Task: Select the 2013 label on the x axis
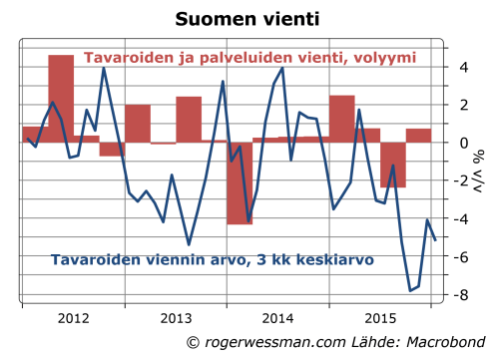pos(176,320)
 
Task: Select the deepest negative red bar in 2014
pos(240,182)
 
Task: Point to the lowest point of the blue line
pos(410,290)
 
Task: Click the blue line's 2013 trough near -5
pos(189,243)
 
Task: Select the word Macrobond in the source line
pos(433,343)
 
